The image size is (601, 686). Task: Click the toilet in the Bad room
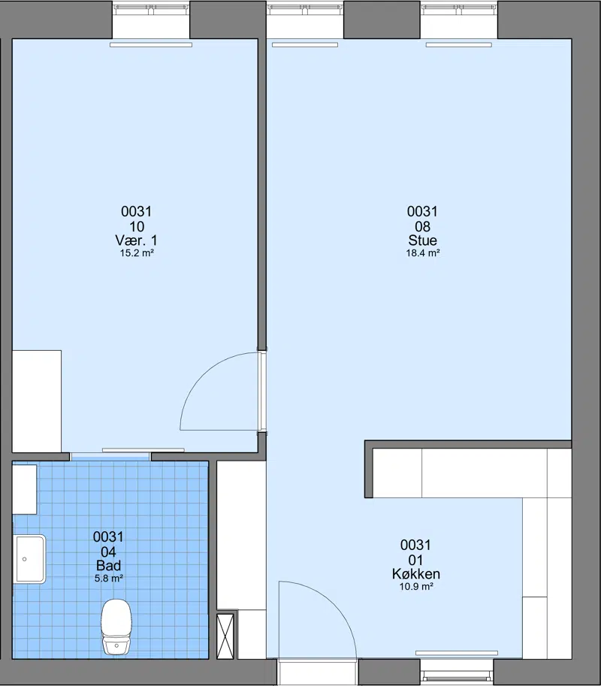[x=116, y=627]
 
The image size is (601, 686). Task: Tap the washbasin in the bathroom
[x=30, y=559]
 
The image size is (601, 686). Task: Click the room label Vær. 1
[x=137, y=240]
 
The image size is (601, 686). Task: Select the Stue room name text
[x=422, y=240]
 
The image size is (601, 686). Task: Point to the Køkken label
[x=416, y=573]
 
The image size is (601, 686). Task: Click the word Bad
[x=108, y=565]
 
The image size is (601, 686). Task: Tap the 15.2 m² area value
[x=137, y=253]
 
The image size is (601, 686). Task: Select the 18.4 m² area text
[x=422, y=253]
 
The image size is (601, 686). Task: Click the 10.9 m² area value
[x=416, y=586]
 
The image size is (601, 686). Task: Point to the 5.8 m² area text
[x=108, y=578]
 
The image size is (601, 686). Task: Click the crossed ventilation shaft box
[x=225, y=636]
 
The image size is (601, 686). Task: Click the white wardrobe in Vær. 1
[x=37, y=401]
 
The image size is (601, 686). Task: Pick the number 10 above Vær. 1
[x=137, y=227]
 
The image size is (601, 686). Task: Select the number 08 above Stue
[x=422, y=227]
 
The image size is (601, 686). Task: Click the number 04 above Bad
[x=108, y=552]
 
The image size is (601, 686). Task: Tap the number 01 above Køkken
[x=415, y=560]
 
